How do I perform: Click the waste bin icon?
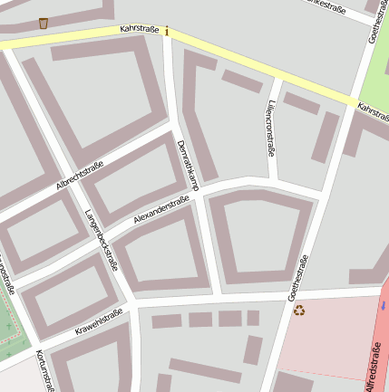[44, 23]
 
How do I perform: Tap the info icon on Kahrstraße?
[166, 32]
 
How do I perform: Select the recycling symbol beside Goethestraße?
[299, 311]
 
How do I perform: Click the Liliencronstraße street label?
[270, 127]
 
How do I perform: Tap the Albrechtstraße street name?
[80, 176]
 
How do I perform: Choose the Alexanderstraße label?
[160, 211]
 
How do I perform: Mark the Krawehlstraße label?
[99, 321]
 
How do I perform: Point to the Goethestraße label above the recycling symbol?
[297, 277]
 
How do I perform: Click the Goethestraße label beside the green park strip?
[374, 21]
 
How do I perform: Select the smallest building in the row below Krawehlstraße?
[253, 318]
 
